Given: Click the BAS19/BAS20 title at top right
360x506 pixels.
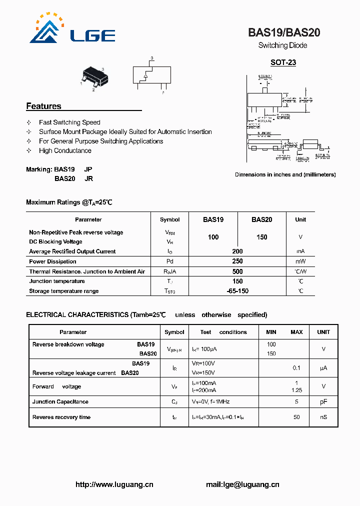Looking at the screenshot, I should (284, 33).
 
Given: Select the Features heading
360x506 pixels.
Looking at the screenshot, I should (43, 106).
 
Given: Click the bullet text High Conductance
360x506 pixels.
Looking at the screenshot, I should (65, 150).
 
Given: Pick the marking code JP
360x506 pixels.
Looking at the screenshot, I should (88, 169).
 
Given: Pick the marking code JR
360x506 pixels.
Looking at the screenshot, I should (88, 178).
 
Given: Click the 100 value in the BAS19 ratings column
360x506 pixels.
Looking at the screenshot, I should (213, 237).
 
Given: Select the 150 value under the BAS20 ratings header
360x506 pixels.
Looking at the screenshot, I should (261, 237).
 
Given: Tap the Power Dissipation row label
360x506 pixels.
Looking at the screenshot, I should (52, 261).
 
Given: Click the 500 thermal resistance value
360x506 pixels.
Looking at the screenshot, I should (237, 271).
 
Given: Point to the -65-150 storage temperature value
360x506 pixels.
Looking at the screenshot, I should (237, 291).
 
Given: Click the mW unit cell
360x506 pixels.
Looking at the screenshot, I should (300, 261).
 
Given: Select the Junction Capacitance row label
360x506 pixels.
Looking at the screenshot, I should (60, 401).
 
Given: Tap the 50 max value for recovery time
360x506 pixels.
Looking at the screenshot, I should (296, 417).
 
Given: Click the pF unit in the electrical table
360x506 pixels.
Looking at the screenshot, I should (323, 401).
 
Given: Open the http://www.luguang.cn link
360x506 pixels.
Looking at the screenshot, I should (114, 484).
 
